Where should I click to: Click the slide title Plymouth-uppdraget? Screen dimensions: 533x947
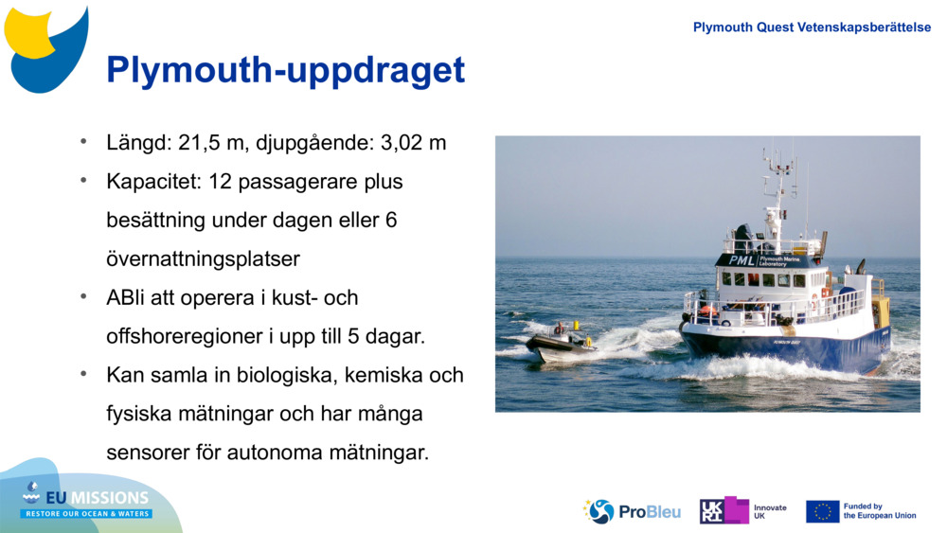click(285, 71)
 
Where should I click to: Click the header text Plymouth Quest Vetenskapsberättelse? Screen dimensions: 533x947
click(812, 27)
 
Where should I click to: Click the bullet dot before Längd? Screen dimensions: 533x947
click(83, 141)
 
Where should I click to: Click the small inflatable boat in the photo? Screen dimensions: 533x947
click(561, 342)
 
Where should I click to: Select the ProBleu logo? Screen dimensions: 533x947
click(632, 511)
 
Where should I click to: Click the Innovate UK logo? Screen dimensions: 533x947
click(743, 511)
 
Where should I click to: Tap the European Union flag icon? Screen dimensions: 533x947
click(822, 511)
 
